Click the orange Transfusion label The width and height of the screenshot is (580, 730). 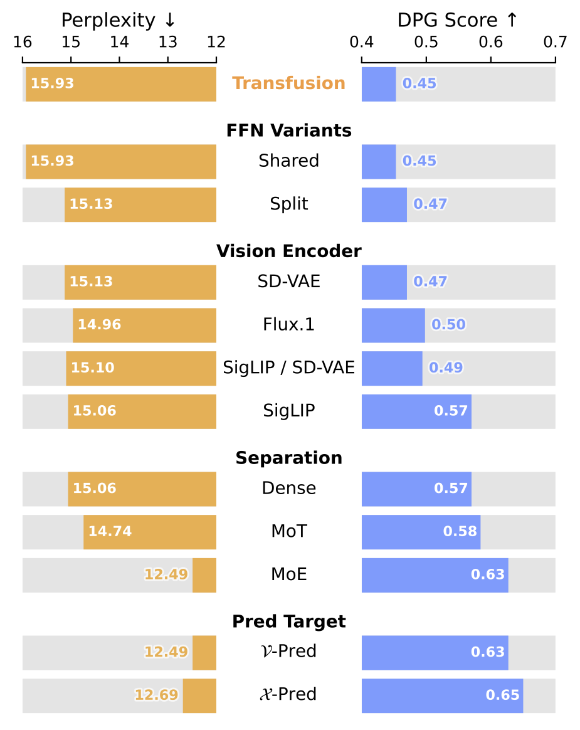288,83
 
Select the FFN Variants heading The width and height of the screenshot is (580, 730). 288,130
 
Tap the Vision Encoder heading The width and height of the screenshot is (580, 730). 288,251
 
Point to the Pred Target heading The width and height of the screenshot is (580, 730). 288,622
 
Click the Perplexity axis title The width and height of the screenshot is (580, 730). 119,21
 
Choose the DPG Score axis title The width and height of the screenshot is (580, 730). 458,21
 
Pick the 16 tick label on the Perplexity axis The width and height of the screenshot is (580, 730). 23,43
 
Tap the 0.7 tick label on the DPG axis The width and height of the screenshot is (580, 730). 556,43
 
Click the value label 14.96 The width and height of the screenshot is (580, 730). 99,325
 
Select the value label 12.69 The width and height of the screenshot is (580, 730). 156,695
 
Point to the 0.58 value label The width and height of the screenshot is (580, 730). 460,531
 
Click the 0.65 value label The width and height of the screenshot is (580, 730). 502,695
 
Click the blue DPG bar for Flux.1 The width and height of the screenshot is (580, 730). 393,325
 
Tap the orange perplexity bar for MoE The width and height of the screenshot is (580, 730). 204,574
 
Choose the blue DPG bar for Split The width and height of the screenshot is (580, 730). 384,204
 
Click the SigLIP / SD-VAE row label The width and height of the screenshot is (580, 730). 288,368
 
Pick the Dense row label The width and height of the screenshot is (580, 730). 288,488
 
